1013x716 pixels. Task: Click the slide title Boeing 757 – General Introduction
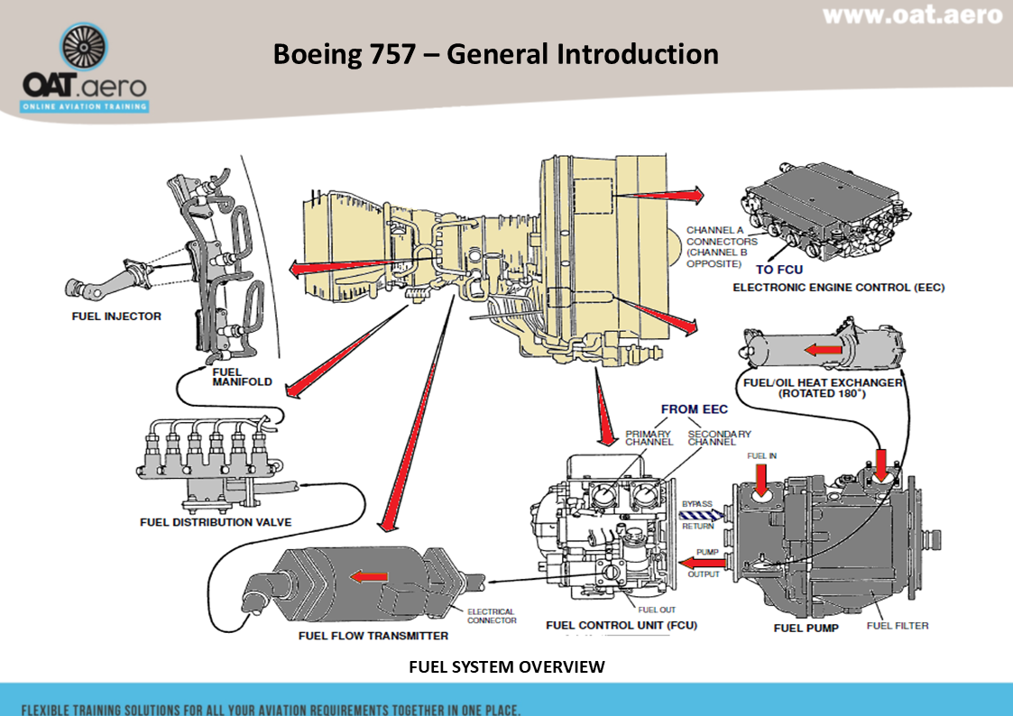pyautogui.click(x=495, y=54)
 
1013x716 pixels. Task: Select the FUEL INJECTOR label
pyautogui.click(x=116, y=317)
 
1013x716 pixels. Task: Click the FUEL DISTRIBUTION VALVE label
pyautogui.click(x=216, y=522)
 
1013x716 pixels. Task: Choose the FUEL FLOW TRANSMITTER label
pyautogui.click(x=373, y=636)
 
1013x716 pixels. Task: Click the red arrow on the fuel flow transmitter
pyautogui.click(x=369, y=576)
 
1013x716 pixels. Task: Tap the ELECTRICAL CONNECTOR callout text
pyautogui.click(x=492, y=616)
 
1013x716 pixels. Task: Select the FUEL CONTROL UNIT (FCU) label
pyautogui.click(x=622, y=625)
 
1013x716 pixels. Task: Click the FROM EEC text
pyautogui.click(x=694, y=409)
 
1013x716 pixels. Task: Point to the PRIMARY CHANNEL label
pyautogui.click(x=649, y=438)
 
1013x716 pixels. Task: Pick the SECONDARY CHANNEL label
pyautogui.click(x=719, y=438)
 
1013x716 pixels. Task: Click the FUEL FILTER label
pyautogui.click(x=897, y=626)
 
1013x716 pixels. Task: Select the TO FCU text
pyautogui.click(x=778, y=270)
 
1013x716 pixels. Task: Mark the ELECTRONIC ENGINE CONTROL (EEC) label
pyautogui.click(x=838, y=288)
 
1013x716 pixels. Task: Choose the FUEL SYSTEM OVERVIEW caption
pyautogui.click(x=506, y=666)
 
